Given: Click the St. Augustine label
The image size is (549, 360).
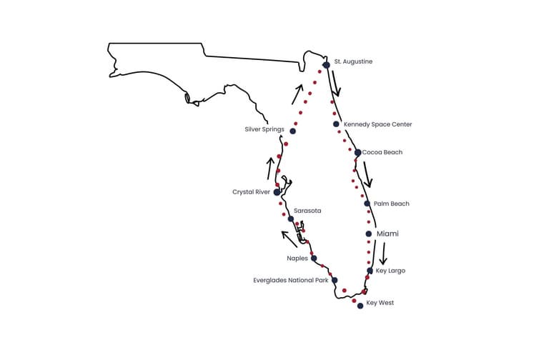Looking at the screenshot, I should click(x=353, y=62).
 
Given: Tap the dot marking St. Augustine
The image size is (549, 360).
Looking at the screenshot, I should click(x=327, y=65).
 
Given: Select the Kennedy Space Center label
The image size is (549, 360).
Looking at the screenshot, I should click(x=377, y=124).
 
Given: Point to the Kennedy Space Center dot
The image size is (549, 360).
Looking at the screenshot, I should click(x=336, y=124).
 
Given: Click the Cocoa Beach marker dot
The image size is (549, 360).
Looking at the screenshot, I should click(x=357, y=152).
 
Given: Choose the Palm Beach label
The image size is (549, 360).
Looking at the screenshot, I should click(x=391, y=204).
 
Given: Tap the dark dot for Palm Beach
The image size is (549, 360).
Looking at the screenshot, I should click(x=367, y=204).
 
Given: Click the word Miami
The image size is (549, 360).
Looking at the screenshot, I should click(x=387, y=234).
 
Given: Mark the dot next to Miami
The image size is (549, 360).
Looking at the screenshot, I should click(x=368, y=234).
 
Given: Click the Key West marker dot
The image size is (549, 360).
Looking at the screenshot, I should click(x=360, y=306).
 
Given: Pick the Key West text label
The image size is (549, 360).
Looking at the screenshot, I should click(x=380, y=303).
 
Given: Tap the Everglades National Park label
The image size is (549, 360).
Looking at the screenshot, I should click(x=291, y=281).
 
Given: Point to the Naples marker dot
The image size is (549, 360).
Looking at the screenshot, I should click(x=314, y=258).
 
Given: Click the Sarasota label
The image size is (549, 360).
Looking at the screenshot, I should click(x=307, y=211).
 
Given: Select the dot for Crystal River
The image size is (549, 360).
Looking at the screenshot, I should click(x=277, y=192).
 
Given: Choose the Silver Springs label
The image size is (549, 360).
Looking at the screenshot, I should click(x=264, y=129).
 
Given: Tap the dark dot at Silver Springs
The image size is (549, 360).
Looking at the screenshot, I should click(x=292, y=131).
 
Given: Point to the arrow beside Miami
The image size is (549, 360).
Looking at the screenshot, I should click(x=383, y=254).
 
